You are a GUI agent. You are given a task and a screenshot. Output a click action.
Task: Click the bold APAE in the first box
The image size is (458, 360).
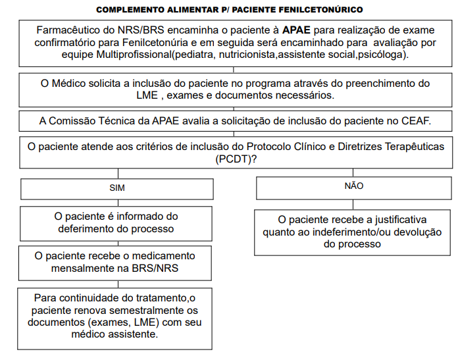tap(295, 30)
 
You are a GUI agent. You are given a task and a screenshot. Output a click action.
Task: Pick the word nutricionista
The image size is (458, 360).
tap(247, 54)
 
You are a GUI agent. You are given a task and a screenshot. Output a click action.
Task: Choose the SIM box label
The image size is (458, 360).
tap(116, 188)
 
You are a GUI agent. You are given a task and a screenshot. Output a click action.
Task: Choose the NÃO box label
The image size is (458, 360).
tap(353, 186)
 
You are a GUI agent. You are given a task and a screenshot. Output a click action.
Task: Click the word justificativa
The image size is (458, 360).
tap(395, 219)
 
